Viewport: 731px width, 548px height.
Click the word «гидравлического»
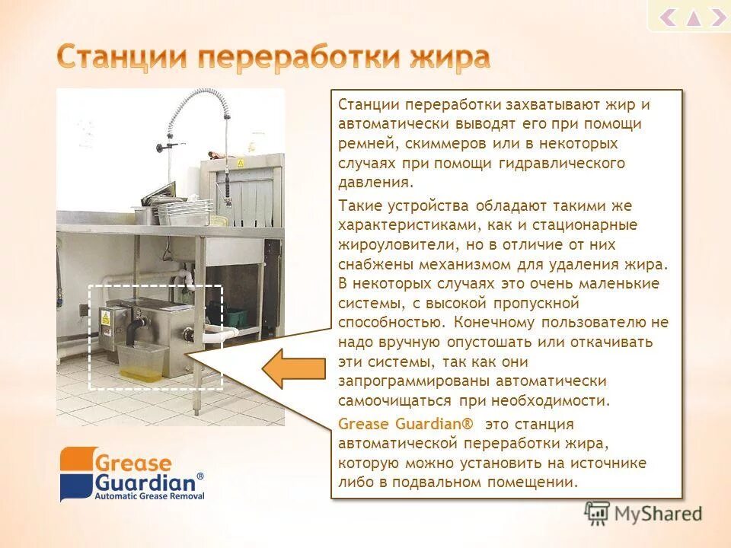(x=562, y=164)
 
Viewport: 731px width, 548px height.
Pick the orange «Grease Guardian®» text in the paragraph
(x=405, y=424)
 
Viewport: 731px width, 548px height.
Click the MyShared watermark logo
(x=643, y=513)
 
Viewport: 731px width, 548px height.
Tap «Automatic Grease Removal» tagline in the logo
(x=148, y=495)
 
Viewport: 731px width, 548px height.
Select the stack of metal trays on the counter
(x=183, y=210)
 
